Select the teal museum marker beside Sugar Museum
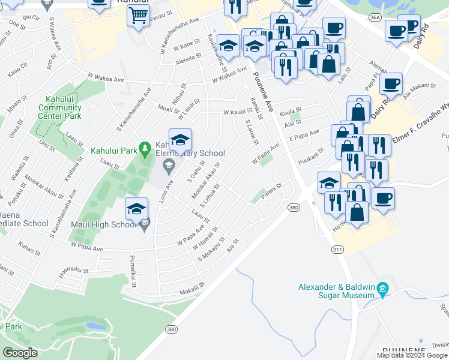pos(382,290)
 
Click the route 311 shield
pos(337,248)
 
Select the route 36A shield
pos(375,18)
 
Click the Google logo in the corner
pos(20,353)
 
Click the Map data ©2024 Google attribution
pos(412,355)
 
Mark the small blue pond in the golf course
pos(96,326)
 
